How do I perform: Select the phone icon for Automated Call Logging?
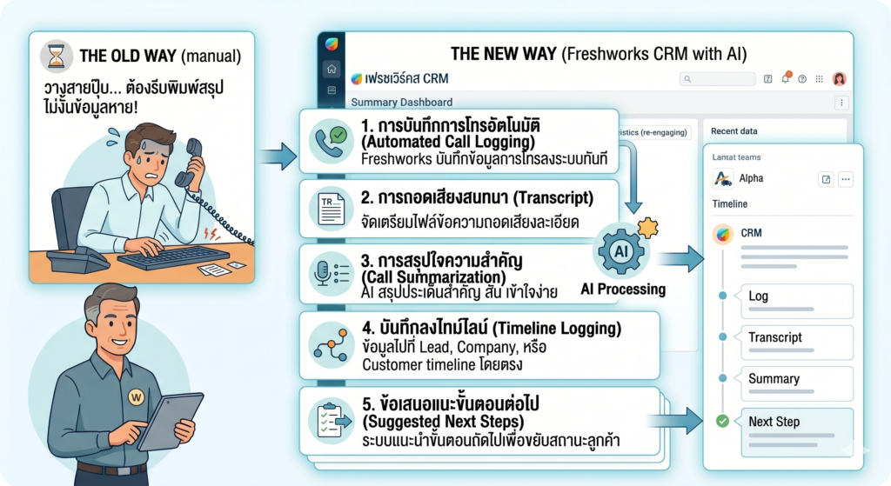coord(331,140)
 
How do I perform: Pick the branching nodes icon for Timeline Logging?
coord(331,345)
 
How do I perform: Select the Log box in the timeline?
coord(794,296)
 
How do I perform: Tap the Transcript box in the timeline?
coord(794,337)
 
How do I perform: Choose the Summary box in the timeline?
coord(794,379)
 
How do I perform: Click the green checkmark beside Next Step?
coord(721,422)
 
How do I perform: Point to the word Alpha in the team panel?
coord(751,178)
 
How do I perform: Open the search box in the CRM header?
coord(718,79)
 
